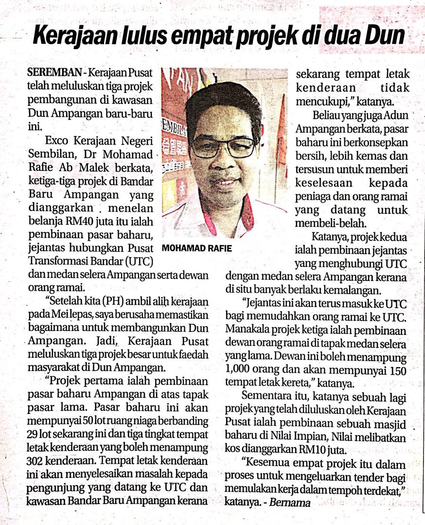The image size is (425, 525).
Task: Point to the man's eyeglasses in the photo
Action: point(223,146)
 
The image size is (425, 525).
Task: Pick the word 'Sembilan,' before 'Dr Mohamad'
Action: point(48,155)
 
